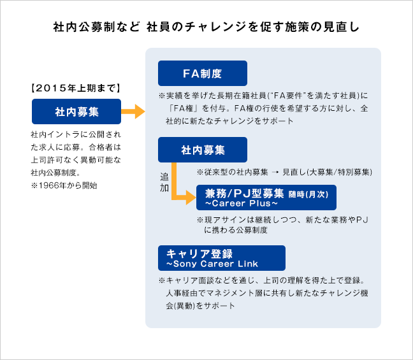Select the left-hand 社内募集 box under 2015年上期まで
click(76, 112)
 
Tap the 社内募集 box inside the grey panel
click(202, 150)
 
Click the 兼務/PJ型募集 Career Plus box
click(266, 198)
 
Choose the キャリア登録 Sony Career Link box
click(221, 257)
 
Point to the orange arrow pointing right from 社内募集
click(134, 112)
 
